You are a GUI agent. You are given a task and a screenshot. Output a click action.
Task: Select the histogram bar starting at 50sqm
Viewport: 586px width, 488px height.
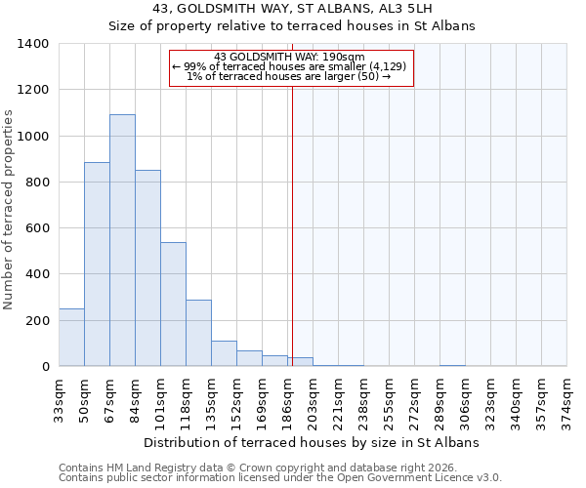97,264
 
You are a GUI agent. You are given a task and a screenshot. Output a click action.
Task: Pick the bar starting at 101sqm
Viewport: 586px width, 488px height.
173,304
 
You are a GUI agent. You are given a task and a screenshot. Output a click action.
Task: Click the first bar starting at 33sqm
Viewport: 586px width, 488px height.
71,337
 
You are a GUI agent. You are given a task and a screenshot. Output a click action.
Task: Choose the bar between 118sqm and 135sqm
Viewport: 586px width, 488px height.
198,333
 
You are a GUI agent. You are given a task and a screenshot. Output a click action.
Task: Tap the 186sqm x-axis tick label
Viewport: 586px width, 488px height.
287,399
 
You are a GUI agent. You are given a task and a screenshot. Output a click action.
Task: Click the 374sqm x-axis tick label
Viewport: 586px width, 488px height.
566,399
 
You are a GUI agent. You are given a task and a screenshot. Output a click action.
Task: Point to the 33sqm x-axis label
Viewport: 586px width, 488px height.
59,399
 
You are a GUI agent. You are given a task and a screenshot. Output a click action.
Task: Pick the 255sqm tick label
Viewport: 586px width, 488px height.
389,399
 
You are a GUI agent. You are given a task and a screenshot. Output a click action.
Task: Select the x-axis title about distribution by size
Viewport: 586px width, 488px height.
312,442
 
